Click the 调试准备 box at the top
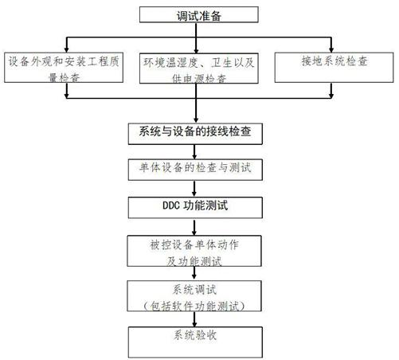[199, 14]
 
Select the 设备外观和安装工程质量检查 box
[64, 68]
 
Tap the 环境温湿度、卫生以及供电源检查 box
[199, 68]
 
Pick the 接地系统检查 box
[334, 68]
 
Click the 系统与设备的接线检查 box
[195, 134]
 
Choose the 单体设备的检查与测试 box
[195, 170]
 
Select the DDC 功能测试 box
[195, 208]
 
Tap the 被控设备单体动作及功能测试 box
[194, 251]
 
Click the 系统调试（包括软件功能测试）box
[194, 296]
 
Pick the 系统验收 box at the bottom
[195, 342]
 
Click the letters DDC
[171, 205]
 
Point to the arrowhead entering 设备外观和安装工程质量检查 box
[67, 49]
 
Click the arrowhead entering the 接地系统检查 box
[331, 49]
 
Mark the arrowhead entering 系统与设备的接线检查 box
[196, 119]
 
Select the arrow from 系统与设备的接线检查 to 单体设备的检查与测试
[194, 152]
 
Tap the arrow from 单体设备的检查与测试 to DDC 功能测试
[194, 189]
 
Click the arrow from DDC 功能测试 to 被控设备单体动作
[194, 228]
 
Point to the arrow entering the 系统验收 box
[194, 319]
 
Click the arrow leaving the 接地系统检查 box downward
[331, 91]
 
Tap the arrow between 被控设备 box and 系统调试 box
[194, 272]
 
